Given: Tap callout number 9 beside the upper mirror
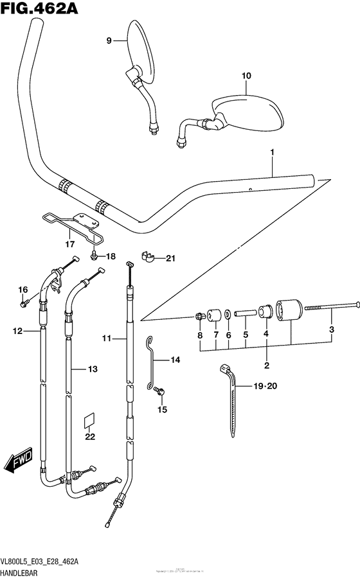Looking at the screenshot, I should [109, 41].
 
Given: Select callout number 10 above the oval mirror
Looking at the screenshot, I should [246, 76].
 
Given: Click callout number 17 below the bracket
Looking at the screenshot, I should [69, 244].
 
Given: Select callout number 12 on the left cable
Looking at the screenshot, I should [18, 331].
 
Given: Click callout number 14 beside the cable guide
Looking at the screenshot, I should [175, 361].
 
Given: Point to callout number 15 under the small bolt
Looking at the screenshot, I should [162, 409].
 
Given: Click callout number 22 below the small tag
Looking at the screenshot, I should [90, 437].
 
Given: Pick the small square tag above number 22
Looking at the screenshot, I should [89, 419].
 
